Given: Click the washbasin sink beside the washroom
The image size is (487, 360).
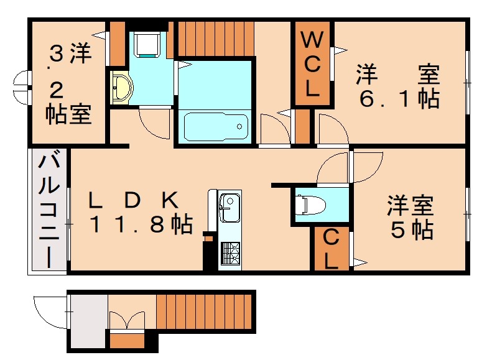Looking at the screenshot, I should [x=120, y=88].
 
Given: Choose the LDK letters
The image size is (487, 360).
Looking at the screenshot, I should [x=133, y=200].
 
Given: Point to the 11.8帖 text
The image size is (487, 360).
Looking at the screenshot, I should [x=139, y=224].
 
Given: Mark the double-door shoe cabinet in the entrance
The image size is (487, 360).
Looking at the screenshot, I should [x=127, y=321].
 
